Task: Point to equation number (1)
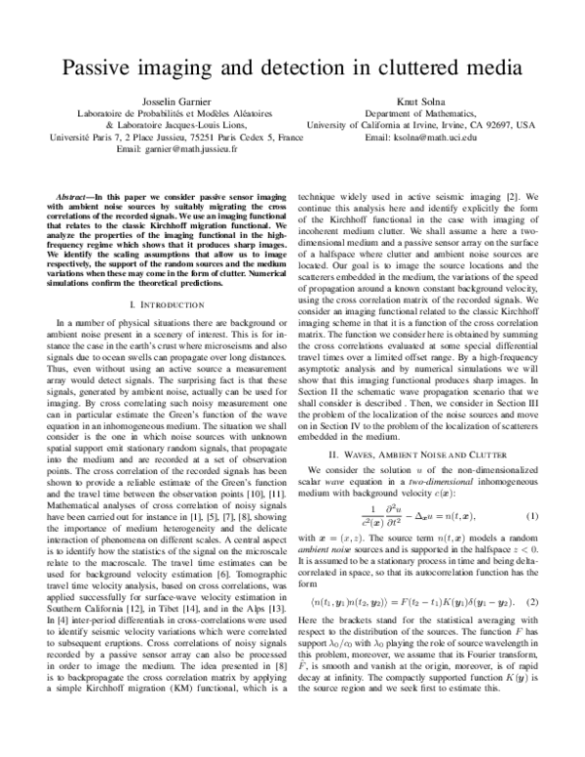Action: [x=531, y=515]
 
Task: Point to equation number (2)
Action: [x=531, y=627]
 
